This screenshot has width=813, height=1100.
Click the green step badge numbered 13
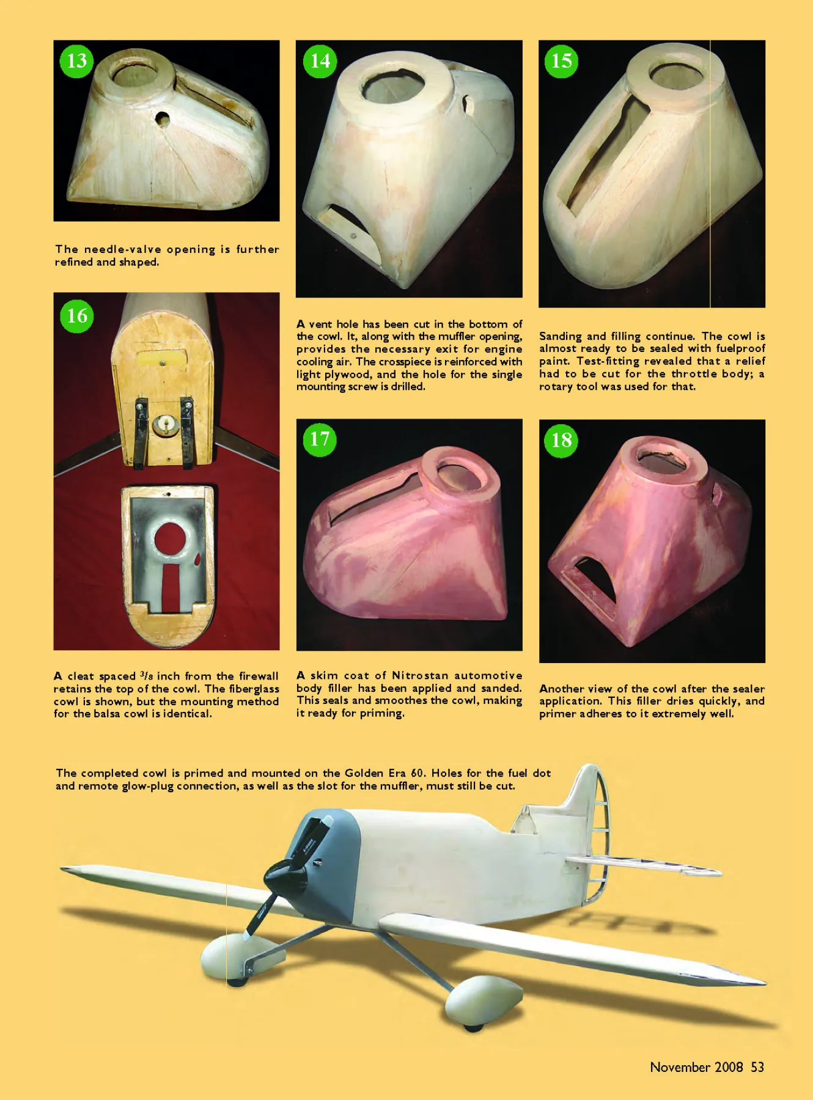pyautogui.click(x=76, y=61)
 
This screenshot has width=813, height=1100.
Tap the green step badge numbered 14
pyautogui.click(x=320, y=61)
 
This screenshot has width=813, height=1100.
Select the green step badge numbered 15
pyautogui.click(x=561, y=61)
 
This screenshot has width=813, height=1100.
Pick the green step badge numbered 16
pyautogui.click(x=76, y=316)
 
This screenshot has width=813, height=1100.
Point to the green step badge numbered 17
pyautogui.click(x=319, y=439)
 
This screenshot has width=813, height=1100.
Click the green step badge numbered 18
pyautogui.click(x=561, y=440)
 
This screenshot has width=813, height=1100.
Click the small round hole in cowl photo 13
pyautogui.click(x=162, y=119)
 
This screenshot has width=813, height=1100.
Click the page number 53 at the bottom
pyautogui.click(x=757, y=1067)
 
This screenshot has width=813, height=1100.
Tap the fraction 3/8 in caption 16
pyautogui.click(x=147, y=675)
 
